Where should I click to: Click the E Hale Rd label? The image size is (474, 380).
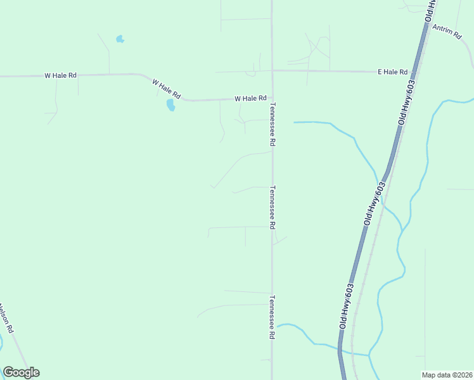click(x=393, y=72)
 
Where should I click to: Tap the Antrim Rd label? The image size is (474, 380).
click(x=448, y=32)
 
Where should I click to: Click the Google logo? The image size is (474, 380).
click(x=21, y=372)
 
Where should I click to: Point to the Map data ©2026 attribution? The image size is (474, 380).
click(x=447, y=375)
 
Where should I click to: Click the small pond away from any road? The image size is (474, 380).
click(x=120, y=39)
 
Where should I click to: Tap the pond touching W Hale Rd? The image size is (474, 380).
click(x=170, y=105)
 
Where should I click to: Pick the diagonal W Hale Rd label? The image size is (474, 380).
click(x=167, y=89)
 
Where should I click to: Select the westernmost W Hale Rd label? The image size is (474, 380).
click(x=61, y=75)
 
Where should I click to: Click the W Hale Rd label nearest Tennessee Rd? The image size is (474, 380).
click(x=250, y=99)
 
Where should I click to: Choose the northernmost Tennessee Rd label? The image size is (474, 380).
click(x=272, y=125)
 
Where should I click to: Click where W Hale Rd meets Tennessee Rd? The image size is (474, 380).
click(x=272, y=99)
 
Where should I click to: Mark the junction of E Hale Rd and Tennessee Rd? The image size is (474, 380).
click(x=272, y=71)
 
